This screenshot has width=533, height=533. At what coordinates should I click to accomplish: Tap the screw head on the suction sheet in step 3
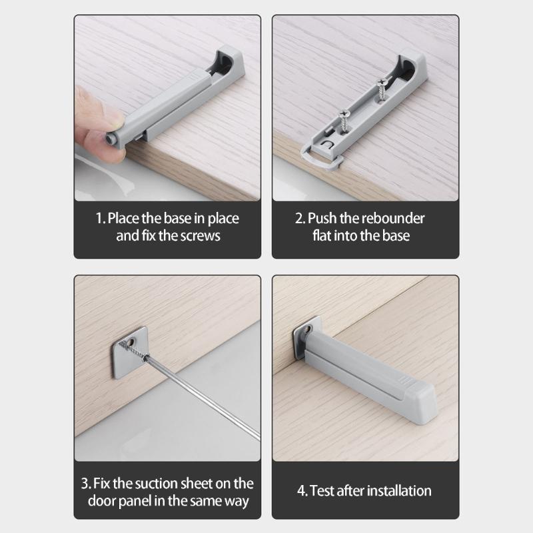(133, 346)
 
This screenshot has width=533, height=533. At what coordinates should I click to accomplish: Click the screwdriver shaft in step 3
(200, 403)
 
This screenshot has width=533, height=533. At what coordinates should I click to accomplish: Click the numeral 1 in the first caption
(97, 219)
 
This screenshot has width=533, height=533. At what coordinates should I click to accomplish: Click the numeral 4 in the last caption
(301, 491)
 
